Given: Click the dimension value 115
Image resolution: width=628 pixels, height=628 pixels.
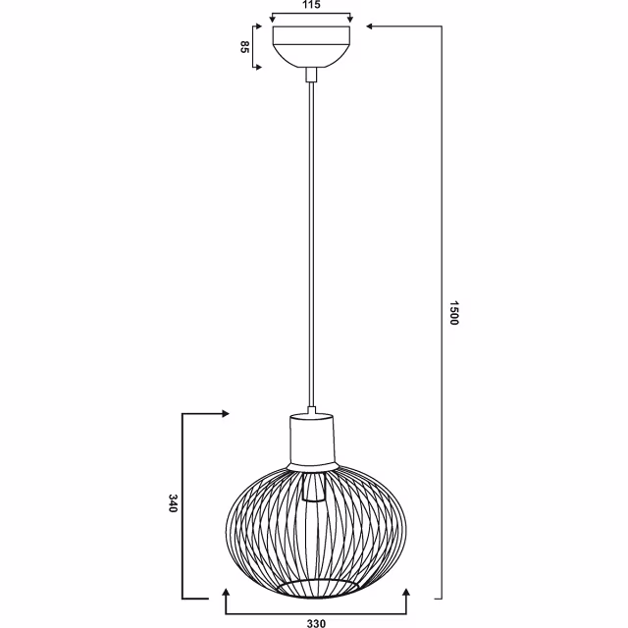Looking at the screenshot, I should coord(311,7).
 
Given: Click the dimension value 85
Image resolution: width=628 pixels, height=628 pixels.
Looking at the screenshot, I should coord(244,47).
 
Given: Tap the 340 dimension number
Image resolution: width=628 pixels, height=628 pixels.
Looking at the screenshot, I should coord(173,505).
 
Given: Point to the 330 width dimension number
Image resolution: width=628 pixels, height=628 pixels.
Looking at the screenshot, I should coord(317,620).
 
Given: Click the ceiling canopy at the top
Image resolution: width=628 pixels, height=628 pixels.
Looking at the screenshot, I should coord(311,45).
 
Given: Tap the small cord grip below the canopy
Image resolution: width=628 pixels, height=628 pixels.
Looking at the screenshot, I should coord(311,74).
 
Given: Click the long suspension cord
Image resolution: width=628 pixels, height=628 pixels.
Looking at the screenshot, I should coord(311,245).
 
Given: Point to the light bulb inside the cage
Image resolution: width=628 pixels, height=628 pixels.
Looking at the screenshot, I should coord(314,488).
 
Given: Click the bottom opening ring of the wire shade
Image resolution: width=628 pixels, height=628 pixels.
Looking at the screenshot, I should coord(314,586).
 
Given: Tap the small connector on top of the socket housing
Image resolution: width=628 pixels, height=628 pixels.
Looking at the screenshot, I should coord(312,410).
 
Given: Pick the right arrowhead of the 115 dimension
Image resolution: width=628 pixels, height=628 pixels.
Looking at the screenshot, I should coord(350,19).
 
